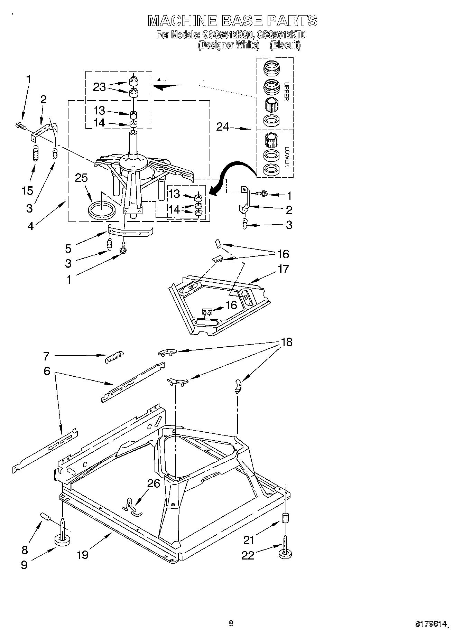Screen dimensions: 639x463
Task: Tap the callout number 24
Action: point(223,127)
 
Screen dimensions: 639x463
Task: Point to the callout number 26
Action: point(154,483)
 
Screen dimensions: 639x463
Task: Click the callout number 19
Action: point(83,554)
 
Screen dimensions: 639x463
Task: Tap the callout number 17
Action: point(283,269)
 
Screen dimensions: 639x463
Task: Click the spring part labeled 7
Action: point(114,356)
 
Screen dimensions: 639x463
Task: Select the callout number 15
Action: point(28,190)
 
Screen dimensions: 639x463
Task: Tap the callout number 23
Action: point(99,87)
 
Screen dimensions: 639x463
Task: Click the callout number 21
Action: point(249,540)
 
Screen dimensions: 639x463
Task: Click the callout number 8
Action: point(25,550)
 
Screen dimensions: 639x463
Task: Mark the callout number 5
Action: point(68,248)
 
